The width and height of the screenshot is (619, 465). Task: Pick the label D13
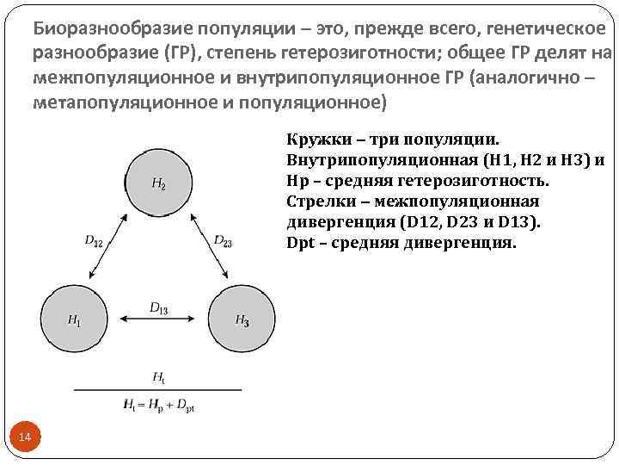click(x=158, y=306)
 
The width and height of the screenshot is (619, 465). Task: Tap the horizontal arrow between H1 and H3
click(x=158, y=319)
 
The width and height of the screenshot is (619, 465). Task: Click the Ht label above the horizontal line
click(x=158, y=376)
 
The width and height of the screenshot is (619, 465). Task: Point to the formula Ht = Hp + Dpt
click(x=158, y=403)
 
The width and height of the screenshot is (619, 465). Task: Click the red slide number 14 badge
click(x=25, y=438)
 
